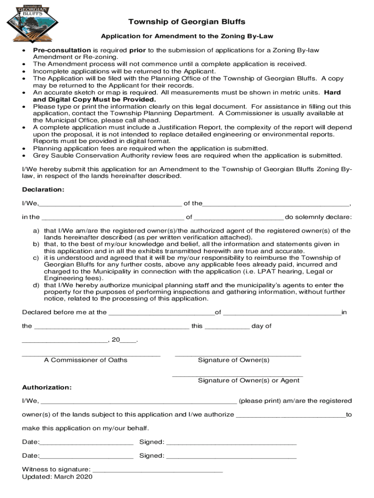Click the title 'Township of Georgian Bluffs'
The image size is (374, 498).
pos(187,22)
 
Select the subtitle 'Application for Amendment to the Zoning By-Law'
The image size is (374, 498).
pos(187,37)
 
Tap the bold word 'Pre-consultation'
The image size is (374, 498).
pos(62,50)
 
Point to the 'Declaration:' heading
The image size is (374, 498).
pos(43,189)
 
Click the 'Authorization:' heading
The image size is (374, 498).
pos(47,387)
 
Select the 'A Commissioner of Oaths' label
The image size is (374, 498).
pos(85,360)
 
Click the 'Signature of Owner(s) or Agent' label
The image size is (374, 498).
pos(249,380)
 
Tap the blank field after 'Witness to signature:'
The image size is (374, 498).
pos(157,470)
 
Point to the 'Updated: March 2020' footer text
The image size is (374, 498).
pos(57,477)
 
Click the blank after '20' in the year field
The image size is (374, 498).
pos(129,341)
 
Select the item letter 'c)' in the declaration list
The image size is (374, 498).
pos(36,258)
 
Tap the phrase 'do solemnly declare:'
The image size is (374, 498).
pos(318,217)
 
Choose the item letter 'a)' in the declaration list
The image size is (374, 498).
pos(36,231)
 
